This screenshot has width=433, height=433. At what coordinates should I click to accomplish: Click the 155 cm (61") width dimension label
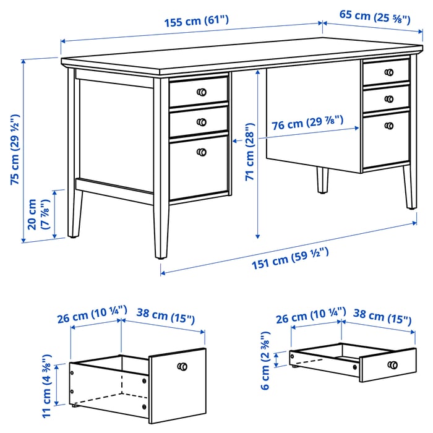[x=196, y=21]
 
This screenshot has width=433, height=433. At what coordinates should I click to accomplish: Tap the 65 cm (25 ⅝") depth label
[x=375, y=17]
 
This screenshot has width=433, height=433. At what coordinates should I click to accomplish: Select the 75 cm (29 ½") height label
[x=15, y=150]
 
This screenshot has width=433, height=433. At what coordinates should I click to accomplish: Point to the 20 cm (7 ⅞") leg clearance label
[x=39, y=214]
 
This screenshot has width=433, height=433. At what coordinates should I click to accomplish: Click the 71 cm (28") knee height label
[x=249, y=152]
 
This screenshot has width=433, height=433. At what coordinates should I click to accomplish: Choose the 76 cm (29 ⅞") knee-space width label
[x=307, y=123]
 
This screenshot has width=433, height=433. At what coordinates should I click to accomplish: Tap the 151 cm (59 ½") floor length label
[x=290, y=259]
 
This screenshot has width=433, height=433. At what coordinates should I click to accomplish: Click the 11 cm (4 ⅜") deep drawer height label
[x=46, y=386]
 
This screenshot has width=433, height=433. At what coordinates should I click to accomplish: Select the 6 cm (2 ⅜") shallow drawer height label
[x=265, y=361]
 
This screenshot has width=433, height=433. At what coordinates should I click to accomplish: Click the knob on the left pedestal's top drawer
[x=202, y=92]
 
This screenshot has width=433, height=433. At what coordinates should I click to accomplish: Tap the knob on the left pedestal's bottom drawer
[x=202, y=152]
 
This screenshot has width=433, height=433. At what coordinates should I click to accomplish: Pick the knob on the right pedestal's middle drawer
[x=389, y=99]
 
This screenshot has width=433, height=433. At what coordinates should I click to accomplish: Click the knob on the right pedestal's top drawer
[x=389, y=72]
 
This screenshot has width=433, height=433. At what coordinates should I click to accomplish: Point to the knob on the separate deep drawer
[x=182, y=367]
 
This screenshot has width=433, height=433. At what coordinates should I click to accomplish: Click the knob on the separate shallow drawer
[x=392, y=365]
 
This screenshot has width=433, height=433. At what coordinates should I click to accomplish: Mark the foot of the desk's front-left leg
[x=160, y=257]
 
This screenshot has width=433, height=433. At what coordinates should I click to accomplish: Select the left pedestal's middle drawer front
[x=199, y=121]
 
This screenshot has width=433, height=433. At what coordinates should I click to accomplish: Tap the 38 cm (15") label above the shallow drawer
[x=382, y=317]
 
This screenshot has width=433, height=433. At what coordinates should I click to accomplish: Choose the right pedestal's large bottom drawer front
[x=386, y=140]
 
